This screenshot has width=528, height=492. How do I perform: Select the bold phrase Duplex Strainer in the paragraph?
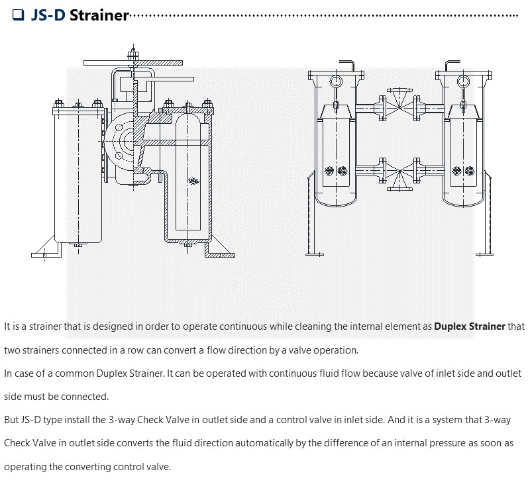469,326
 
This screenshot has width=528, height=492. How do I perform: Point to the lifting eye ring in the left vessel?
336,81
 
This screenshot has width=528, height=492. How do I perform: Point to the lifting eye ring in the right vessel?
462,81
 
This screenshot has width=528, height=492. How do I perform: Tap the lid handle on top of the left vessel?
354,66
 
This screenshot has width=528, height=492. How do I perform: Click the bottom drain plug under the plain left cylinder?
78,246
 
